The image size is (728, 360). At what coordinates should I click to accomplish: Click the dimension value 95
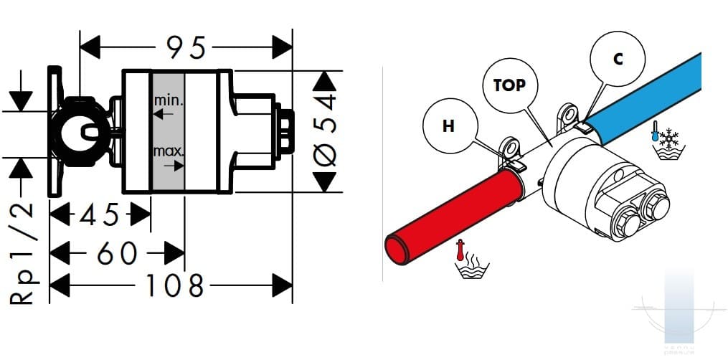[186, 47]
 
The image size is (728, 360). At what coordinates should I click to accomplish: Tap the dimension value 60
[117, 252]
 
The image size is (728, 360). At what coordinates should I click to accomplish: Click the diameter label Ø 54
[326, 131]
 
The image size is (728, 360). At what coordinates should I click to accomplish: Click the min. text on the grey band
[169, 100]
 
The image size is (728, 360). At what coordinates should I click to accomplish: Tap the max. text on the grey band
[169, 151]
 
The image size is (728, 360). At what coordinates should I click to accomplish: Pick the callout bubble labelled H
[448, 127]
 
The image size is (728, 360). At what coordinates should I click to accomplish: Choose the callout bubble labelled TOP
[509, 85]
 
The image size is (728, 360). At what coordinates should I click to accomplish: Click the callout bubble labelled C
[618, 60]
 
